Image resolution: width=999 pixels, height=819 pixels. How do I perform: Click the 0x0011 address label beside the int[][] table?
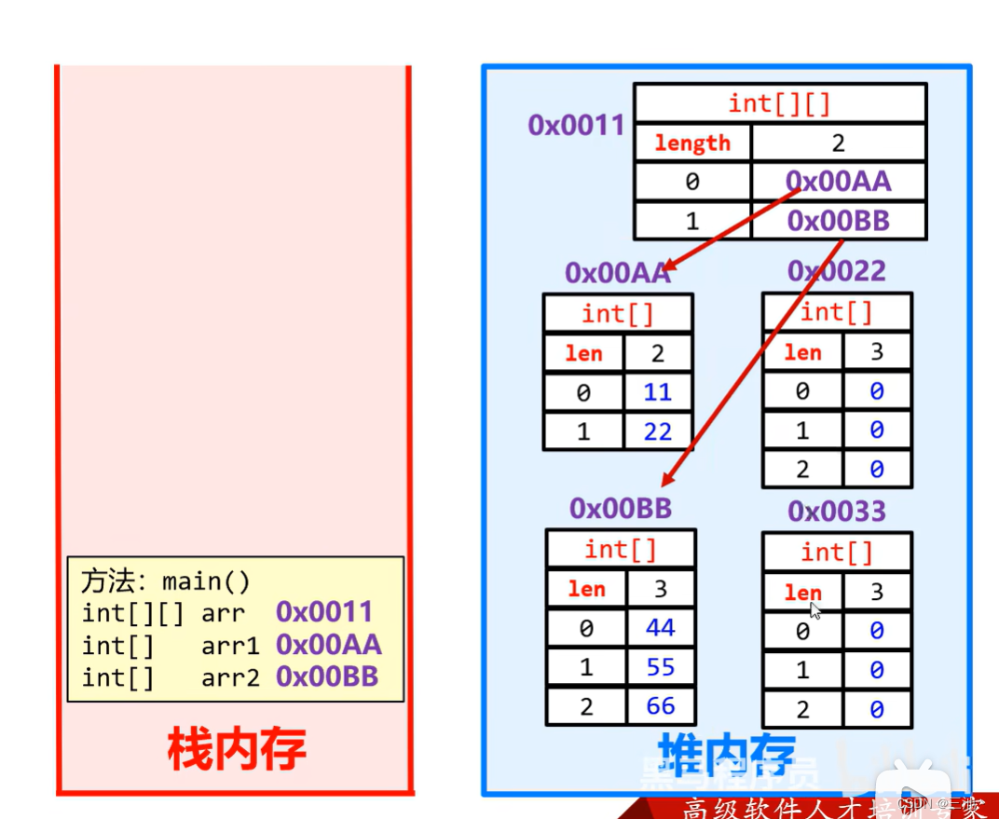coord(576,125)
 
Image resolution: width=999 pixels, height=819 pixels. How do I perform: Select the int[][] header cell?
coord(779,102)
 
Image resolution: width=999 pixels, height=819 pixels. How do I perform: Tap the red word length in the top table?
coord(692,143)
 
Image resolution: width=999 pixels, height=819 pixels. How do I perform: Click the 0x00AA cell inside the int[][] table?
coord(839,182)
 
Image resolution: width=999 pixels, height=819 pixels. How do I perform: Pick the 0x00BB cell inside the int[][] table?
coord(839,221)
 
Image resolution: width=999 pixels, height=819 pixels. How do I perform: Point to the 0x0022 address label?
coord(836,271)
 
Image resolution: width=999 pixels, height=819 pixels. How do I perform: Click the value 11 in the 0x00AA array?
coord(657,392)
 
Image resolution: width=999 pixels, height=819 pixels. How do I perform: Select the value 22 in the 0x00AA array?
coord(657,432)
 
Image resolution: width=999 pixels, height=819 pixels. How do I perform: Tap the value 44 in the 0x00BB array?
coord(661,628)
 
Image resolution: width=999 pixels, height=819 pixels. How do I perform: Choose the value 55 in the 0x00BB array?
coord(661,667)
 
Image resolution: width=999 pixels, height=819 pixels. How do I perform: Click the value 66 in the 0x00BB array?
coord(661,706)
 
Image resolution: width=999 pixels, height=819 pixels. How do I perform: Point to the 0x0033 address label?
coord(836,511)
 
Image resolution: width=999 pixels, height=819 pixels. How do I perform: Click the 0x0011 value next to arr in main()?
coord(324,612)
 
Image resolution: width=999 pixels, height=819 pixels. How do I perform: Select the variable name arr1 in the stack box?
coord(230,646)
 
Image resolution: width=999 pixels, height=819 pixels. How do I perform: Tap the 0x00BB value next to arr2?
coord(327,677)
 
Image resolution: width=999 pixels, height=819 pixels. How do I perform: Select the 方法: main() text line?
coord(166,582)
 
